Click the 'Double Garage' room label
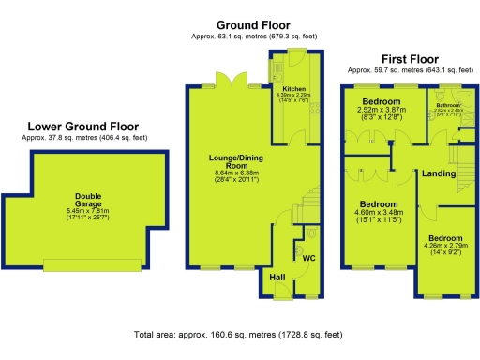pos(89,201)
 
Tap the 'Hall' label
pos(277,277)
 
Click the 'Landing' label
pos(439,174)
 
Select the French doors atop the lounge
pos(227,81)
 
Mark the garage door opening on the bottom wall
pos(90,266)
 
